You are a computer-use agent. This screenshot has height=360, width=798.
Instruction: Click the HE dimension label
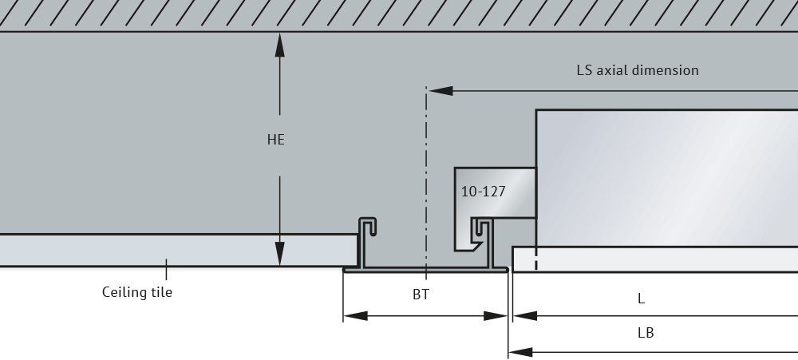point(276,140)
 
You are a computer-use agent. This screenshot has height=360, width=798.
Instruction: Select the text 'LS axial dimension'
point(637,70)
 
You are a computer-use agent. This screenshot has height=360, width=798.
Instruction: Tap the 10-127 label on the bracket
point(483,192)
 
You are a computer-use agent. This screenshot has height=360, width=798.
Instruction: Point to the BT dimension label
point(421,295)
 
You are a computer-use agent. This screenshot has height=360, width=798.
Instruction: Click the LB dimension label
point(646,333)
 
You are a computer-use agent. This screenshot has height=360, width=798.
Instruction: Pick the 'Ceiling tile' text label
point(137,292)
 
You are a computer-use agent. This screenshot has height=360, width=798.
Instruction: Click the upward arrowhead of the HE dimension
point(279,45)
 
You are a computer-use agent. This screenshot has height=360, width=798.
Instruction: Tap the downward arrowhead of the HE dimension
point(279,254)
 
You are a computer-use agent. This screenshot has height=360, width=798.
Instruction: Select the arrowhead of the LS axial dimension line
point(440,91)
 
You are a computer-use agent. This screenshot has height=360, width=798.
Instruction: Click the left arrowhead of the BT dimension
point(356,316)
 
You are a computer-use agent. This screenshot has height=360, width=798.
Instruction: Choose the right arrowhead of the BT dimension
point(496,316)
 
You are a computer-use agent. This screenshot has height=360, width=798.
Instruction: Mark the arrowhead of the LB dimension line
point(520,352)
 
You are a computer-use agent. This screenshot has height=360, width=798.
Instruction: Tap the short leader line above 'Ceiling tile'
point(166,269)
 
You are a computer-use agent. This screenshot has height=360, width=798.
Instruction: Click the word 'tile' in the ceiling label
point(162,292)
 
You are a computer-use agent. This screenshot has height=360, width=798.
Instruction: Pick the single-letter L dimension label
point(642,299)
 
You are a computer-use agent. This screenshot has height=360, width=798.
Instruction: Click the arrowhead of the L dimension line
point(525,316)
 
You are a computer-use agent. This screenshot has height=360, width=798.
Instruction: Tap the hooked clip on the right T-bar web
point(480,230)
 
